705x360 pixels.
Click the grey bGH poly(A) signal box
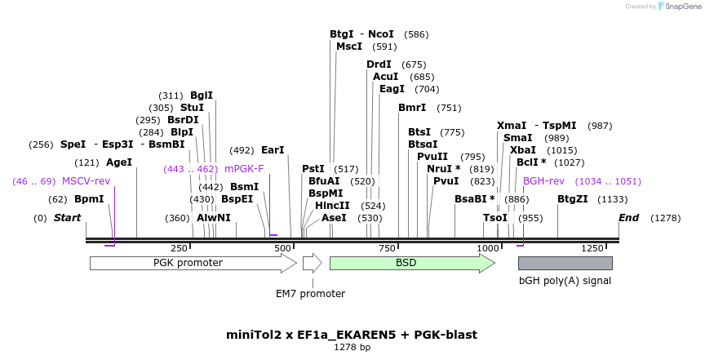(x=565, y=263)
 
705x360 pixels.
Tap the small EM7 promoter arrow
(x=312, y=263)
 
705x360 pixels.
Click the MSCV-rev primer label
(x=86, y=181)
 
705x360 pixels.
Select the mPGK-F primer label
(x=244, y=169)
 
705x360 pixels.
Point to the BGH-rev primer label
(x=543, y=181)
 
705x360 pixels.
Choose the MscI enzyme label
(x=349, y=47)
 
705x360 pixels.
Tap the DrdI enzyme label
(x=379, y=64)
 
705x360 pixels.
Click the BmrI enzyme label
(x=412, y=108)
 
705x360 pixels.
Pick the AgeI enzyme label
(x=119, y=162)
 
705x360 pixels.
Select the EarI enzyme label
(x=273, y=150)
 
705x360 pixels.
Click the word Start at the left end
(x=68, y=218)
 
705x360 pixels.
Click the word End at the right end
(x=628, y=218)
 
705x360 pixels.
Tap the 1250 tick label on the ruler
(x=592, y=248)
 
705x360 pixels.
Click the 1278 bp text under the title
(x=352, y=347)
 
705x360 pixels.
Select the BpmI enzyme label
(x=89, y=199)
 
